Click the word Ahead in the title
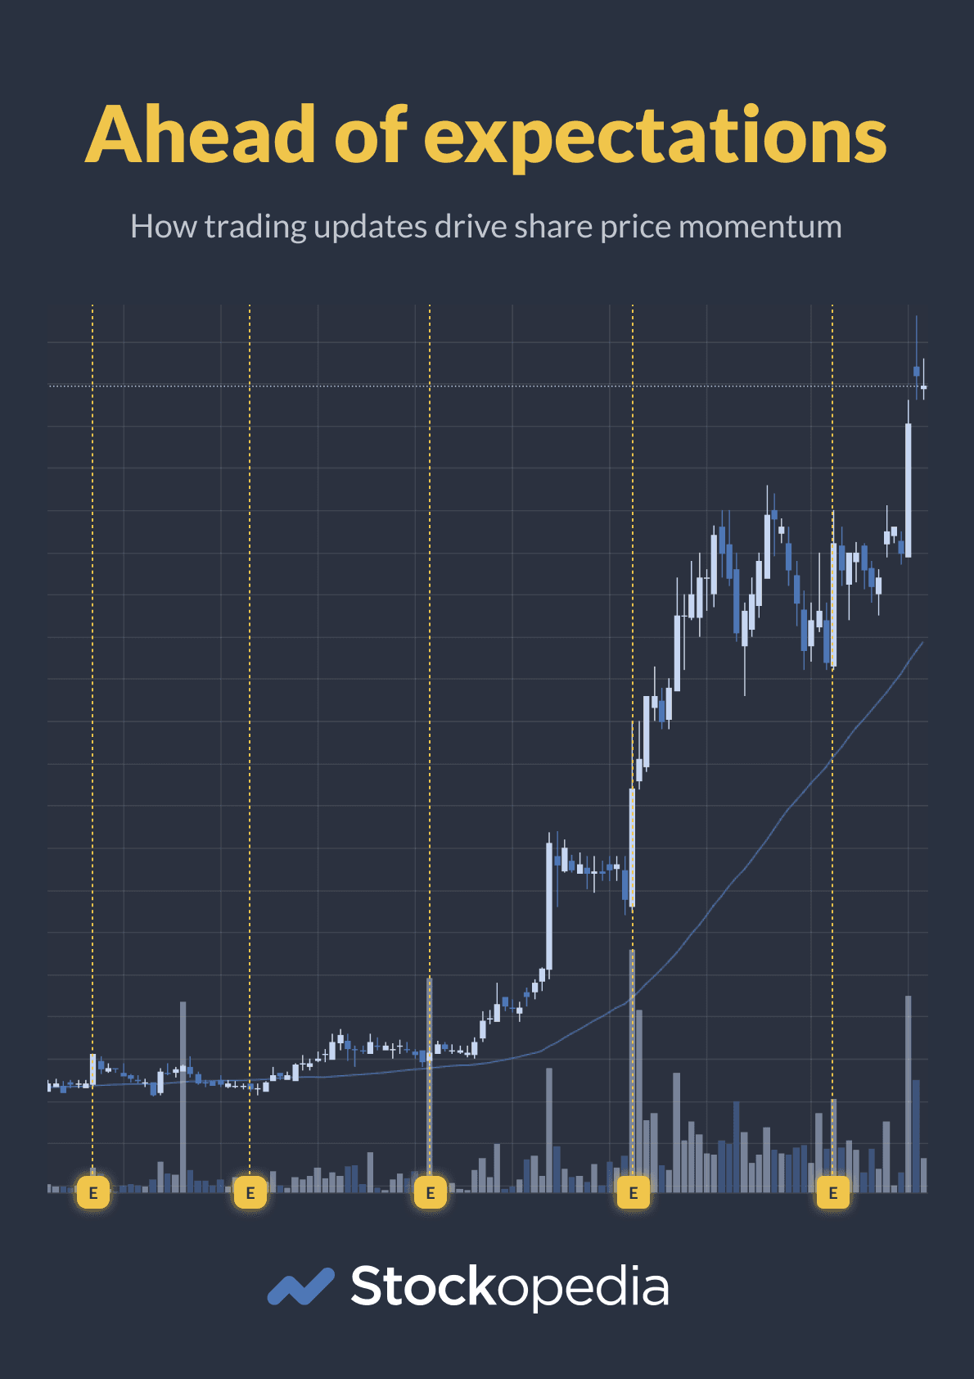pos(201,135)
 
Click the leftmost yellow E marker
pos(92,1192)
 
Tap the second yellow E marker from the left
pos(250,1192)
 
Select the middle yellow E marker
pos(430,1192)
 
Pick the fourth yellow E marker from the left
pos(633,1192)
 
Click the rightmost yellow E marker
pos(832,1192)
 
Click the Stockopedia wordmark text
pos(509,1287)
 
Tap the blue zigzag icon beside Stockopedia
pos(300,1286)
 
